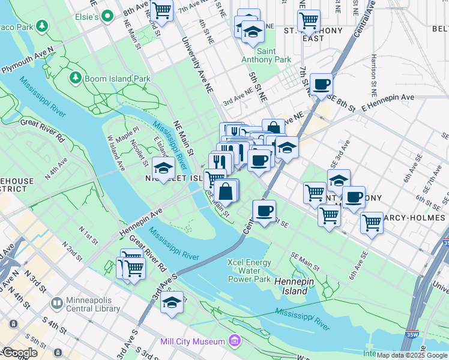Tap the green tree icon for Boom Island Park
click(x=76, y=78)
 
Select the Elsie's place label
click(x=86, y=17)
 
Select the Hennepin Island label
click(x=291, y=286)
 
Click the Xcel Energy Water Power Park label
click(x=249, y=271)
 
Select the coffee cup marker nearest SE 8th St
click(x=321, y=84)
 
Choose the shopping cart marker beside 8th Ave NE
click(x=161, y=10)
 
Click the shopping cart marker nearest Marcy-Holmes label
click(x=372, y=223)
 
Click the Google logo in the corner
click(x=20, y=352)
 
